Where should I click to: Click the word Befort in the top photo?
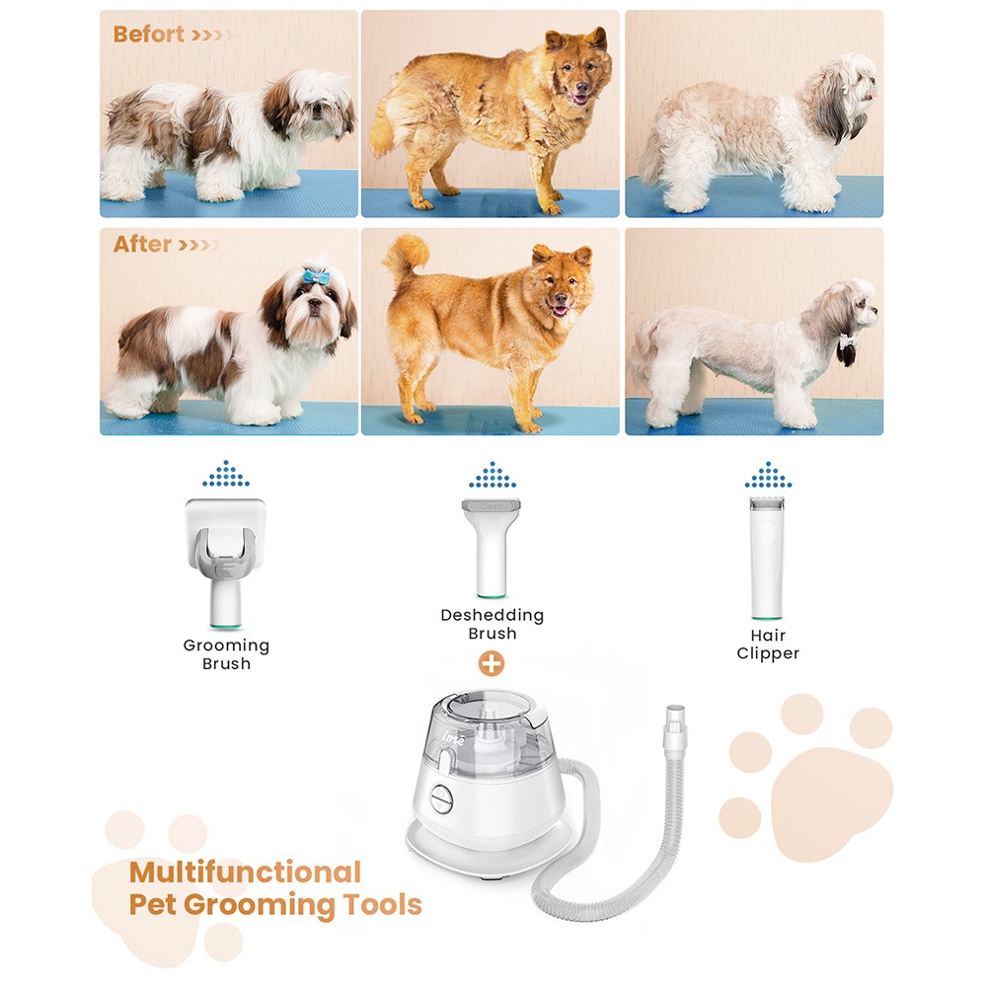point(148,35)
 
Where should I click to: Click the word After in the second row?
point(142,244)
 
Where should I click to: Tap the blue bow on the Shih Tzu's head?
point(315,276)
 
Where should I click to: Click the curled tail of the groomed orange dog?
point(406,258)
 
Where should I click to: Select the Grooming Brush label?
point(226,654)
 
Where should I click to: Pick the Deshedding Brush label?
point(492,624)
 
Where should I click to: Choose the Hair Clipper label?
point(768,645)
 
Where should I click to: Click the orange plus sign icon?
point(492,663)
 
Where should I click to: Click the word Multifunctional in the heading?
point(245,873)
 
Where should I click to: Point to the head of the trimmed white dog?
point(851,311)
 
